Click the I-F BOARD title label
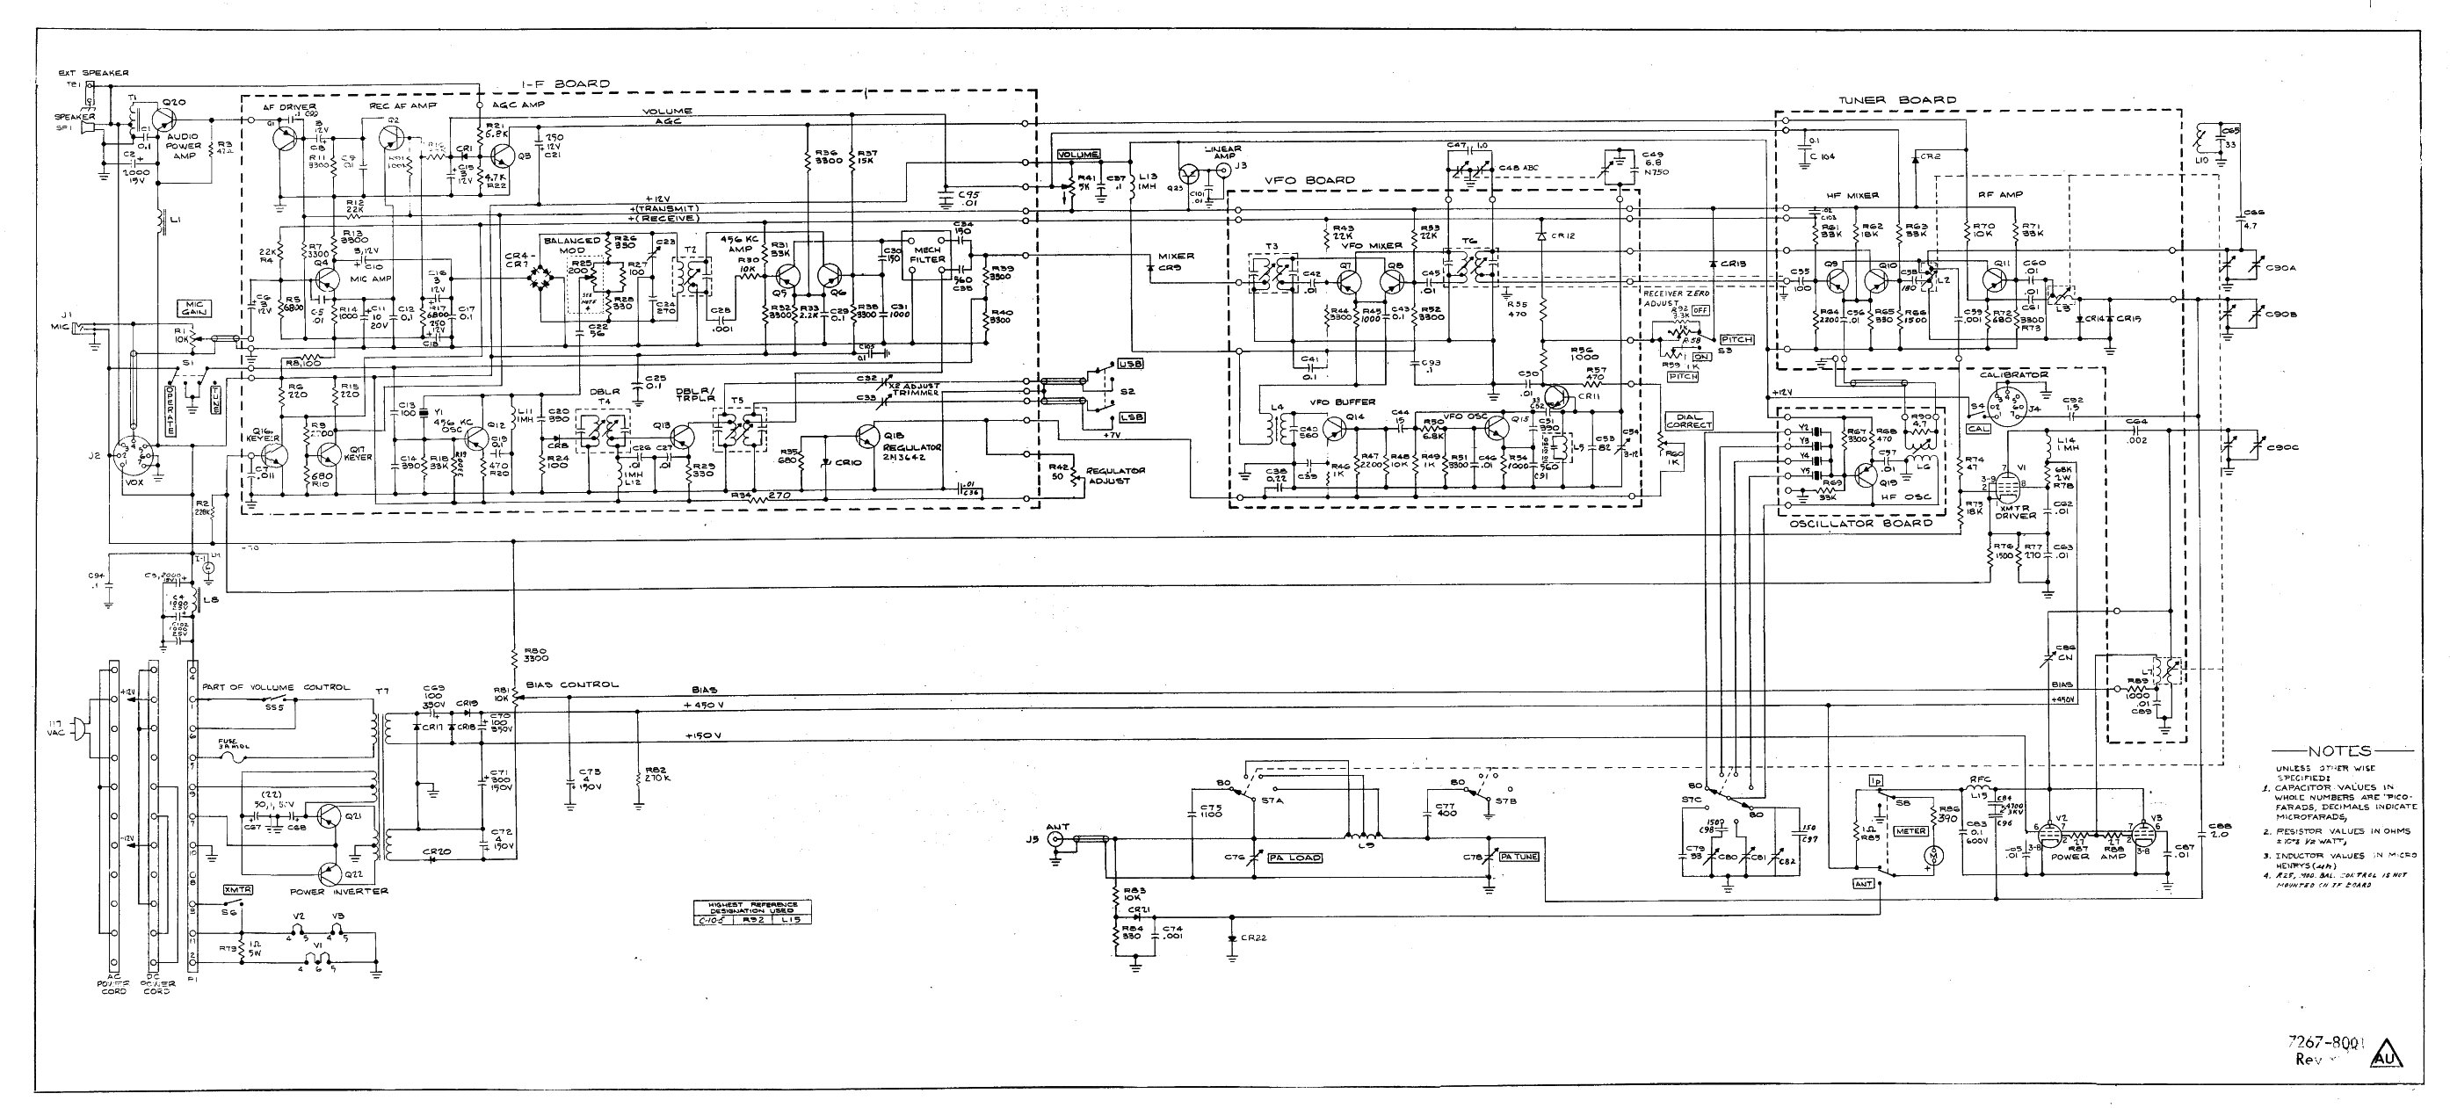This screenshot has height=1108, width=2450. [x=565, y=83]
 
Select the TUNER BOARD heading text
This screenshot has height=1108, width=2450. [x=1896, y=100]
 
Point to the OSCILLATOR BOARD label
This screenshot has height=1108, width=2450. [x=1860, y=523]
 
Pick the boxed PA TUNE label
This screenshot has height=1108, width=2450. [x=1518, y=857]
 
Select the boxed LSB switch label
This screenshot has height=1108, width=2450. [x=1132, y=416]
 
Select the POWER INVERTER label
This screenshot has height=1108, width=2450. [x=338, y=891]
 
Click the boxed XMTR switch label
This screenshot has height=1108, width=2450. [x=235, y=889]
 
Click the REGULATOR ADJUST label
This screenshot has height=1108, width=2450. [x=1114, y=475]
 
